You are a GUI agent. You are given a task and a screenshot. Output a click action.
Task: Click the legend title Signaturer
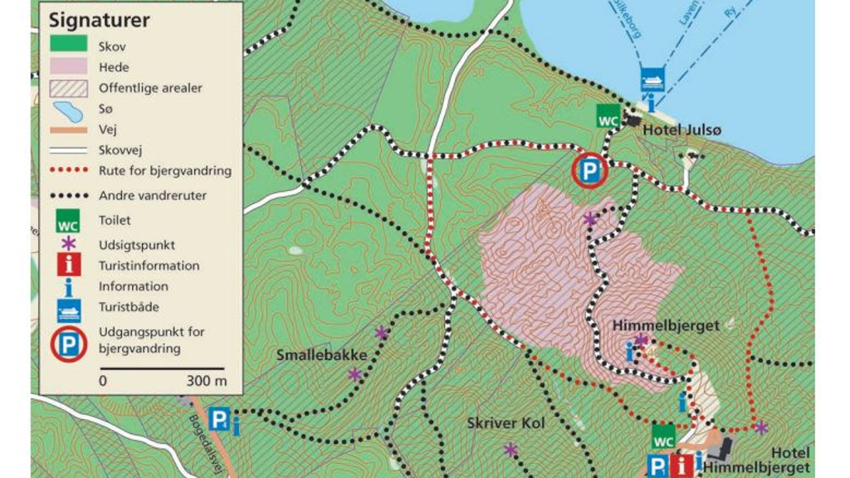pos(98,21)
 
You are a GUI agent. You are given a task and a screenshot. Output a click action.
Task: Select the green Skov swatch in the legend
pos(68,46)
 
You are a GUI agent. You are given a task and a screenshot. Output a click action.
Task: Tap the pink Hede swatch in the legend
pos(68,67)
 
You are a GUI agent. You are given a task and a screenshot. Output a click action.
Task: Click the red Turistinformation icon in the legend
pos(68,266)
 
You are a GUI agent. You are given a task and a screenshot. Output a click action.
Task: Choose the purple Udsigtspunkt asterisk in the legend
pos(68,245)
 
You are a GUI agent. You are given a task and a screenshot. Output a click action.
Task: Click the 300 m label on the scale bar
pos(207,382)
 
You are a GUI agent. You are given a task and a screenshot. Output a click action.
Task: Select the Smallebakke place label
pos(321,355)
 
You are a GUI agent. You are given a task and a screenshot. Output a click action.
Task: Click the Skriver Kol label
pos(506,423)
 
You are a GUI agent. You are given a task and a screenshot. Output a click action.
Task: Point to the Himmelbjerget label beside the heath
pos(666,326)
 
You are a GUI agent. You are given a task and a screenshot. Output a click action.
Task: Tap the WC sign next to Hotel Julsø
pos(608,119)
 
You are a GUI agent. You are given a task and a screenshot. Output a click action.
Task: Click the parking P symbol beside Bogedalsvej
pos(218,420)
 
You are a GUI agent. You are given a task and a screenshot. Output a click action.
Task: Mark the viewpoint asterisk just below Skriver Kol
pos(510,450)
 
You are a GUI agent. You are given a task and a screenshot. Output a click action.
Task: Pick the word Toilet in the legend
pos(115,221)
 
